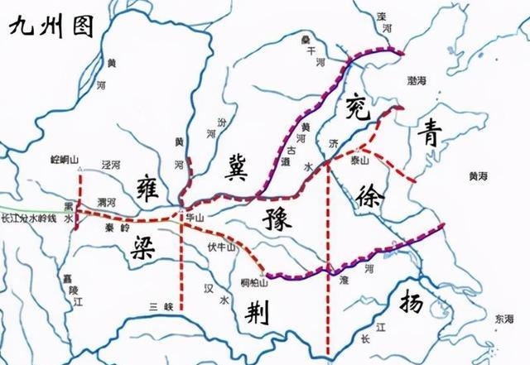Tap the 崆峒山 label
[x=64, y=157]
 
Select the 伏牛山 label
[x=220, y=247]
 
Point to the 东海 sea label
[x=503, y=318]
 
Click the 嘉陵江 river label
[x=70, y=288]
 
